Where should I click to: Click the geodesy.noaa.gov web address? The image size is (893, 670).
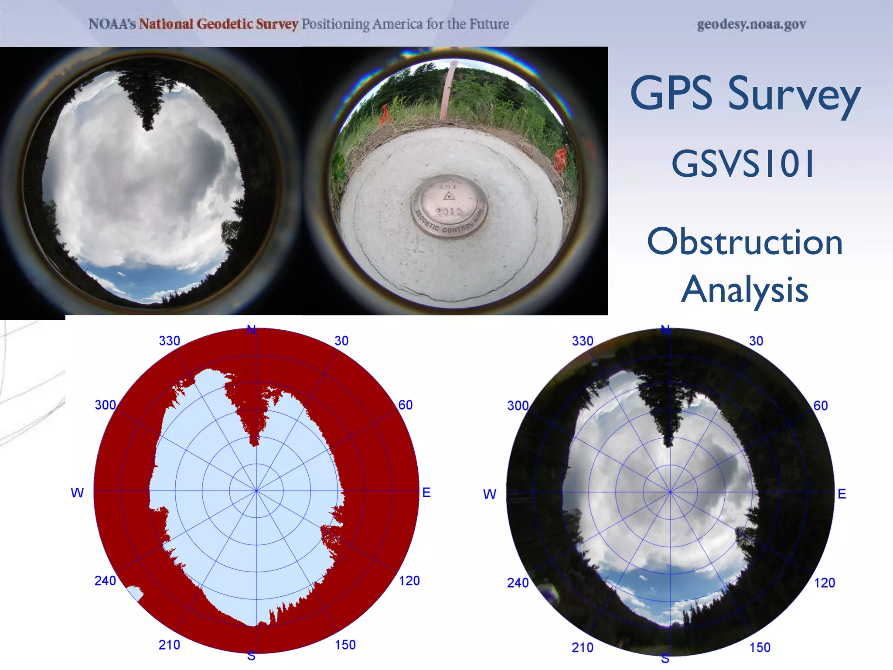(x=751, y=24)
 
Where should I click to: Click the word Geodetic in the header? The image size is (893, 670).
(x=226, y=24)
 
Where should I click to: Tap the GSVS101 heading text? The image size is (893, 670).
(x=743, y=164)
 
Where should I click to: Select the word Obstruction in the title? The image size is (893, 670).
(x=745, y=242)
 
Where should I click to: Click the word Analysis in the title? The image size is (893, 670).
(x=745, y=290)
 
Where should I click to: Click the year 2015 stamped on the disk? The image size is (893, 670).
(x=449, y=212)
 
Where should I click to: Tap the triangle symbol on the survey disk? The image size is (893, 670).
(x=449, y=196)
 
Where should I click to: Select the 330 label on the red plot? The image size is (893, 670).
(x=169, y=341)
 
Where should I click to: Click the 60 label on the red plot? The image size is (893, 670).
(x=405, y=405)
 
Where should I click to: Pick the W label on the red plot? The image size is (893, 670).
(x=77, y=493)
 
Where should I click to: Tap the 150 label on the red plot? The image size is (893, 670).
(x=345, y=645)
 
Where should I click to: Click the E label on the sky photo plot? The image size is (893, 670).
(x=842, y=494)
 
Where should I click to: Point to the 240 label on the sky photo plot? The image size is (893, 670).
(x=518, y=583)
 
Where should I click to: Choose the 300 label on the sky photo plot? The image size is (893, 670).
(x=518, y=406)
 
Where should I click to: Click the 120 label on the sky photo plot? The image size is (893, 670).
(x=825, y=583)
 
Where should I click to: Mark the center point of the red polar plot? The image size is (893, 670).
(x=256, y=491)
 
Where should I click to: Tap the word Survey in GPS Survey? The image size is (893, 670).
(x=794, y=94)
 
